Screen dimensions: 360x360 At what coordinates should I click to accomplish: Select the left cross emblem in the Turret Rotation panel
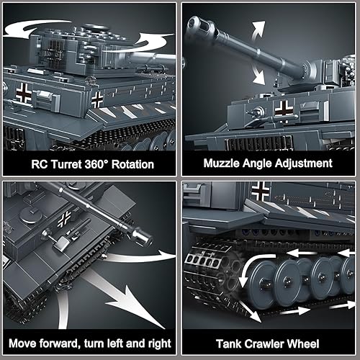coord(24,91)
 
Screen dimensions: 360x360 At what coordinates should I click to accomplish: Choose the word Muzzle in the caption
coord(224,164)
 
